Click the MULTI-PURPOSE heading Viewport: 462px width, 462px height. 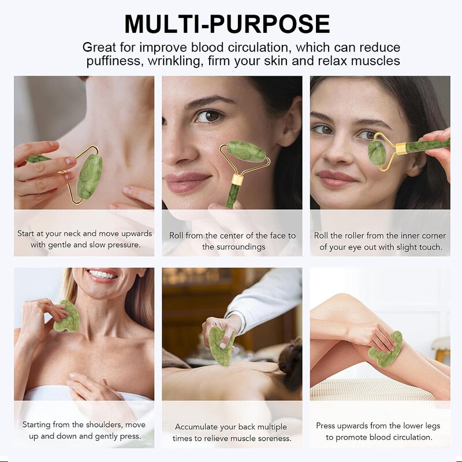tap(227, 24)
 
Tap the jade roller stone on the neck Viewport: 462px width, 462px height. tap(90, 176)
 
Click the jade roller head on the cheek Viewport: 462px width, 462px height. tap(246, 151)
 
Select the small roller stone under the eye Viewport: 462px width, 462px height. tap(377, 152)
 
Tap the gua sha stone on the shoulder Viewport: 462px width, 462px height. tap(67, 316)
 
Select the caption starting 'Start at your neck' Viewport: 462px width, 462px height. tap(84, 239)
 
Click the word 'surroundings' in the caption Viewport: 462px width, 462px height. tap(233, 247)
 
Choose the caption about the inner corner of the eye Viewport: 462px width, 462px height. tap(380, 241)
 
